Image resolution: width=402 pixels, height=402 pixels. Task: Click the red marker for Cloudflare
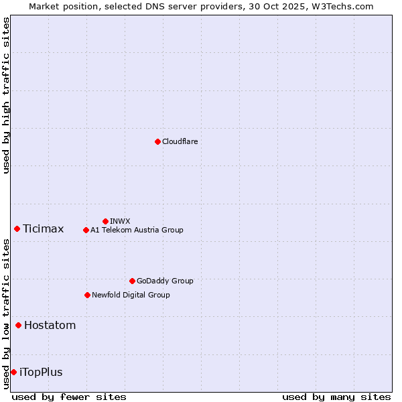coord(157,141)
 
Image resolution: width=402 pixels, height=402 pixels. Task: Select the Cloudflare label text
coord(180,141)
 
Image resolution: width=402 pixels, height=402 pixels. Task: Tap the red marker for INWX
coord(105,221)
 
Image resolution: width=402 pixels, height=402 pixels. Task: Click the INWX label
coord(120,221)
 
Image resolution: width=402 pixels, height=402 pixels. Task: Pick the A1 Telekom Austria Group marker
coord(86,230)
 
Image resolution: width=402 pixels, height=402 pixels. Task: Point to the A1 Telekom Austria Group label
coord(137,230)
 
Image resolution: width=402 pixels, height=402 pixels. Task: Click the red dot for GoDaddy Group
coord(132,281)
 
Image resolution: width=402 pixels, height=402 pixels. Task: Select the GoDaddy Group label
coord(165,281)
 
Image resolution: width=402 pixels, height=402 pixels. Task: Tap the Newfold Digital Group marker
coord(87,295)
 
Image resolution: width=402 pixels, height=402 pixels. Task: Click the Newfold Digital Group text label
coord(131,295)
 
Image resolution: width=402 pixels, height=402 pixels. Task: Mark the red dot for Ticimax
coord(17,228)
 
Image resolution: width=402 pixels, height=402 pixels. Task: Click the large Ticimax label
coord(44,229)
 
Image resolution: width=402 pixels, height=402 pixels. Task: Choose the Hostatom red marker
coord(18,326)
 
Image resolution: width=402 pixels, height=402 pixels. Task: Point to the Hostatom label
coord(50,326)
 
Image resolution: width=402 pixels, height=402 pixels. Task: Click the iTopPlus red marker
coord(13,372)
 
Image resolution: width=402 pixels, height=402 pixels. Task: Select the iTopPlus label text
coord(42,373)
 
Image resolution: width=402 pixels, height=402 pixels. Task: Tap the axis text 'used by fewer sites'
coord(69,397)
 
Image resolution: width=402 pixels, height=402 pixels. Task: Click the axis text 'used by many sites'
coord(336,397)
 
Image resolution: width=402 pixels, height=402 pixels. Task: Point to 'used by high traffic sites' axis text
coord(6,95)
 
